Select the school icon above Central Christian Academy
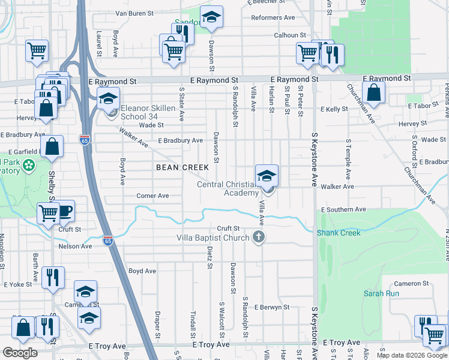pos(267,176)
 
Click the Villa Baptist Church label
pos(212,238)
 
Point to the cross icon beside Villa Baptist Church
pos(259,237)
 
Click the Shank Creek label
pos(339,233)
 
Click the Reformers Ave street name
pos(274,18)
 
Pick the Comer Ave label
pos(152,196)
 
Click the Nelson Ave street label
pos(75,246)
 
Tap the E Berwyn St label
pos(271,307)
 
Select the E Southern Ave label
pos(343,209)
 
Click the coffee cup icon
pos(65,211)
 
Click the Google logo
pos(20,353)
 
